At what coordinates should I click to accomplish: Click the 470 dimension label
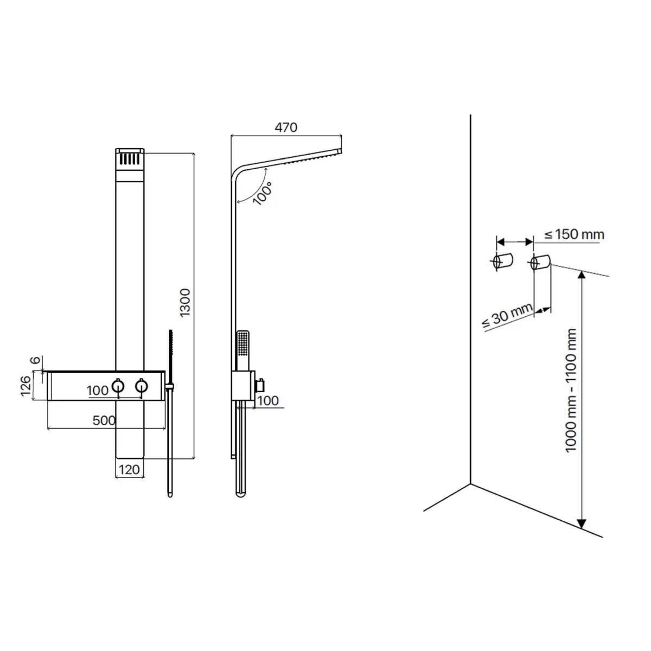pyautogui.click(x=286, y=127)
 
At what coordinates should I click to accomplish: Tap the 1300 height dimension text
pyautogui.click(x=185, y=303)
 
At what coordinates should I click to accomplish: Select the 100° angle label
pyautogui.click(x=263, y=193)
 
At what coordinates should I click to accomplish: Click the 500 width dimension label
pyautogui.click(x=104, y=420)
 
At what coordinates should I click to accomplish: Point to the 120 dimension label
pyautogui.click(x=130, y=470)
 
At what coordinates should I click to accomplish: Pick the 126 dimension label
pyautogui.click(x=25, y=386)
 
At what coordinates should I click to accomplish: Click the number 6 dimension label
pyautogui.click(x=35, y=360)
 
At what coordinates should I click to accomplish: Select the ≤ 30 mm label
pyautogui.click(x=507, y=316)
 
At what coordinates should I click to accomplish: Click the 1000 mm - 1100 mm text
pyautogui.click(x=571, y=391)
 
